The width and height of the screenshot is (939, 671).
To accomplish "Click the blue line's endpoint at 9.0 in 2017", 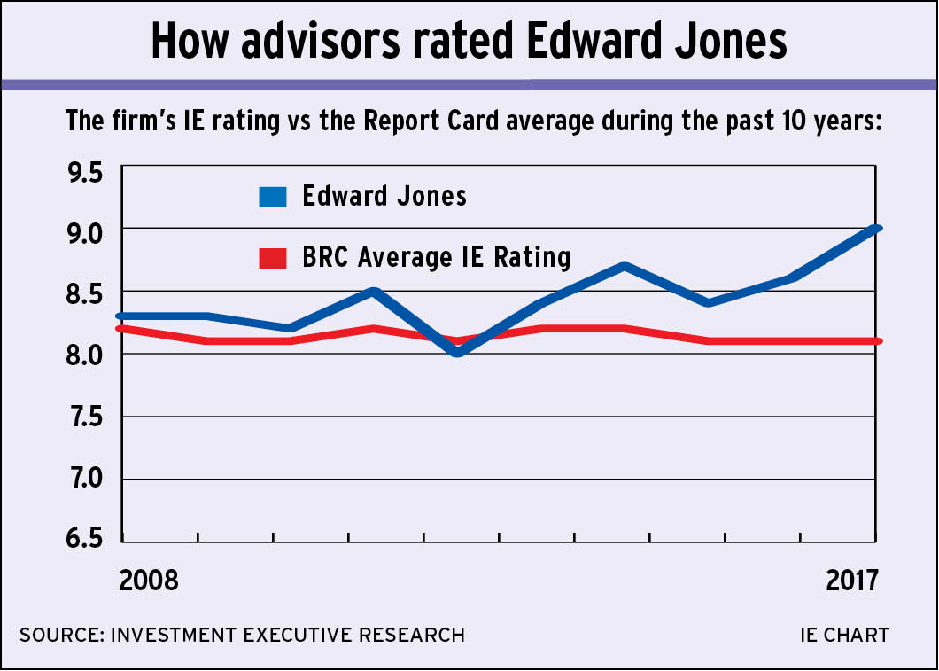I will (875, 229).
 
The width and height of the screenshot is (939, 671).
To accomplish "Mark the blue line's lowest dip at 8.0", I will (456, 353).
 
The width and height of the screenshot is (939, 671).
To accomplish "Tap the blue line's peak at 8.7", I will (625, 266).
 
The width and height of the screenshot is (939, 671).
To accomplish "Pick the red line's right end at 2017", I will (875, 341).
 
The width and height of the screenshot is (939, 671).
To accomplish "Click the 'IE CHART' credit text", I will (843, 635).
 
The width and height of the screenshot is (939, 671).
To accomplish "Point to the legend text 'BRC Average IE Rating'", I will (436, 258).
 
